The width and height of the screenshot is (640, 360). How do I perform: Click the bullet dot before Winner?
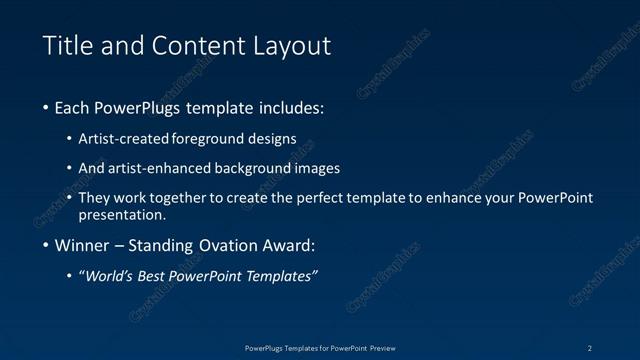pos(46,246)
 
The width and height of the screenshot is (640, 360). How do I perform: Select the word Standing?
pos(171,246)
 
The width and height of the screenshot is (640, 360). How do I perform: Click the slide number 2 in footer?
pos(589,347)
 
